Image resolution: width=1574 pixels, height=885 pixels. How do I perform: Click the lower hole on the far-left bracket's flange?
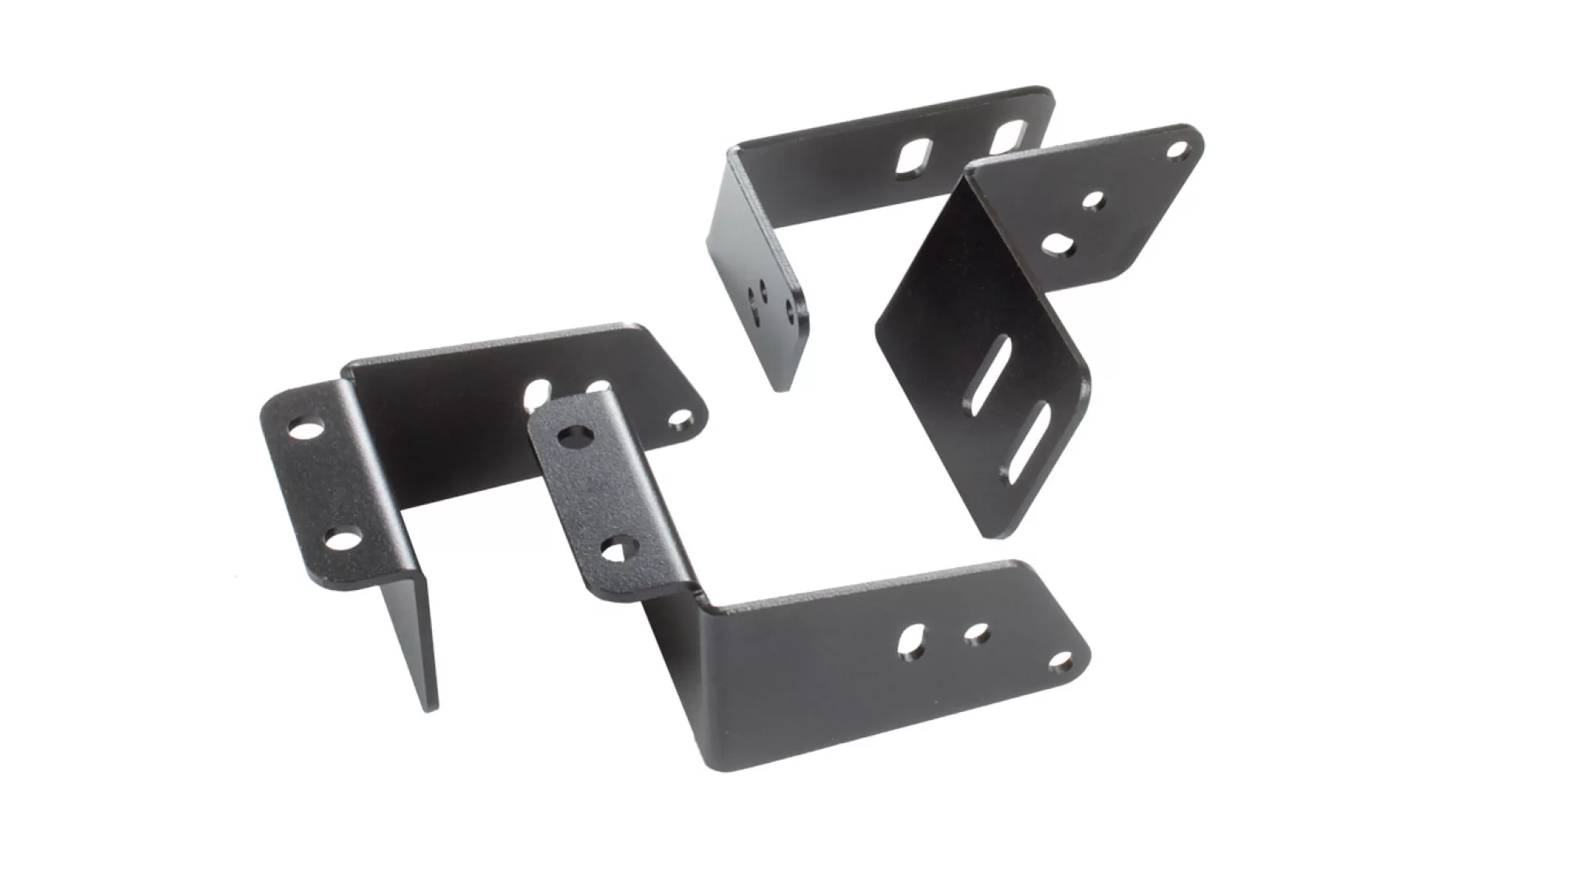click(344, 539)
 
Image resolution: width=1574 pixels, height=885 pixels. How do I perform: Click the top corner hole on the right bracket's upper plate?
click(1177, 150)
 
